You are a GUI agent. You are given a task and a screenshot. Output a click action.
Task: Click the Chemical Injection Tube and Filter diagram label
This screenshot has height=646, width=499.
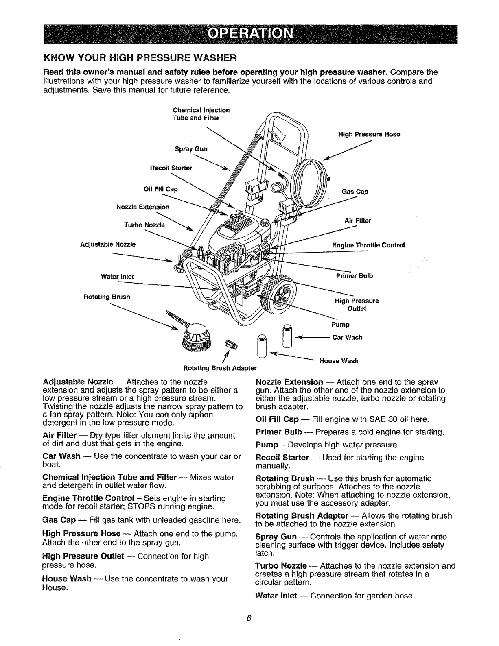click(201, 114)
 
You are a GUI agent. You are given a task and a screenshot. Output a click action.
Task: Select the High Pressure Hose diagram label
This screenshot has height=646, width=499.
click(369, 134)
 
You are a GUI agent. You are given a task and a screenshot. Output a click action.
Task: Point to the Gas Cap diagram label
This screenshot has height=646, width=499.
click(355, 192)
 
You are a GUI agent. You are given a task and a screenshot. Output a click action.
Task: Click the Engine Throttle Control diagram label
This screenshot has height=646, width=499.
click(368, 245)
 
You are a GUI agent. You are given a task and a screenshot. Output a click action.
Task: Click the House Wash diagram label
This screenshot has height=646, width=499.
click(339, 361)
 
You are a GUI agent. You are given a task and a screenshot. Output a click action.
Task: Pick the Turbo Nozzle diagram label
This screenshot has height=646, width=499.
click(144, 225)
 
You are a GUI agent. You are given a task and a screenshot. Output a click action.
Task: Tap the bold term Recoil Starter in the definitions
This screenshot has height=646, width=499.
click(282, 457)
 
